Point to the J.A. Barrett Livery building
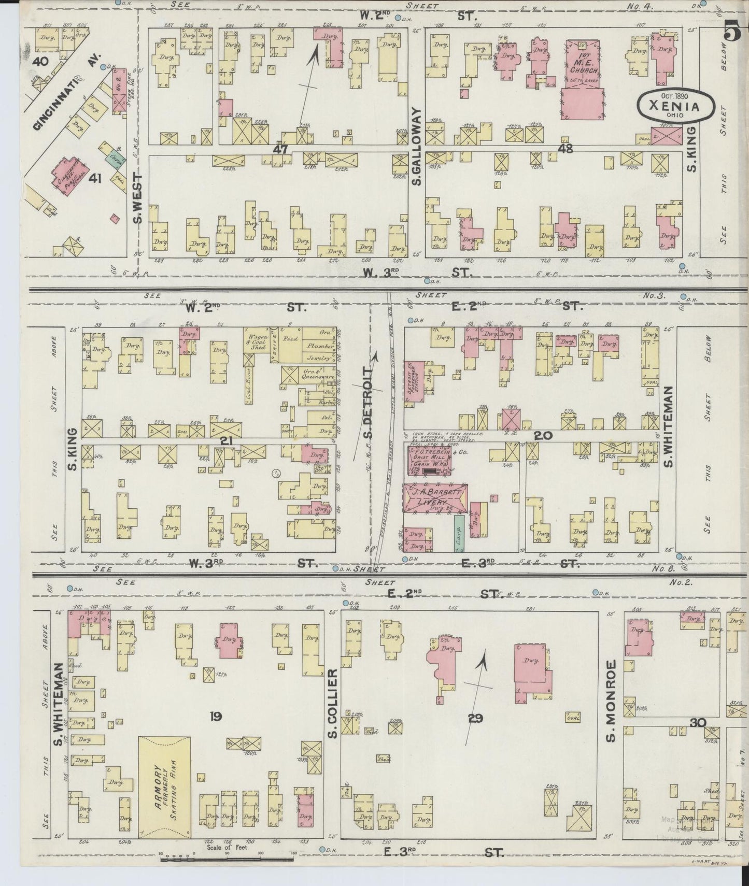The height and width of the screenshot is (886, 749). (x=435, y=497)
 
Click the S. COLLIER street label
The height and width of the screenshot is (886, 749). (x=332, y=703)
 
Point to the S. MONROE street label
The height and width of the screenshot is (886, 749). (x=610, y=701)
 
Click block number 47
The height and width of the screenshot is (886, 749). (x=281, y=149)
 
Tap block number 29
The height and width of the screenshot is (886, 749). (x=475, y=718)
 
